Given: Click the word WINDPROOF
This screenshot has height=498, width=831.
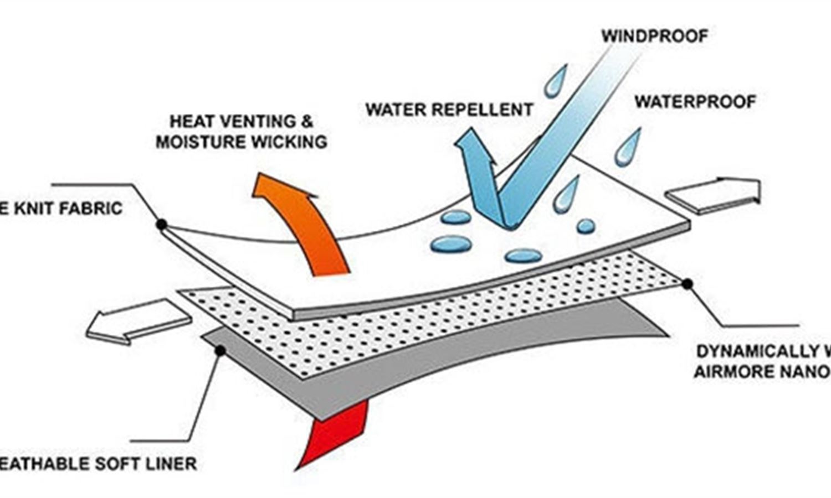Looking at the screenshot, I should [655, 37].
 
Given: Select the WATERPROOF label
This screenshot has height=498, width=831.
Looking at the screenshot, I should [695, 102].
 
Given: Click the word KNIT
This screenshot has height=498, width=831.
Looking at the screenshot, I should [34, 209].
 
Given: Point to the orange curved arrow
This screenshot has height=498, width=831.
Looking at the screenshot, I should [302, 221].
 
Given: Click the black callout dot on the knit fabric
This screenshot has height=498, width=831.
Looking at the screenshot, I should [161, 225].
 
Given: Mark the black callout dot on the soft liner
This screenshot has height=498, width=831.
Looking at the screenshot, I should [220, 350].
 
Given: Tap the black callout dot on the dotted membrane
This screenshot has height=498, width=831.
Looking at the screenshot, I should [687, 284].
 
